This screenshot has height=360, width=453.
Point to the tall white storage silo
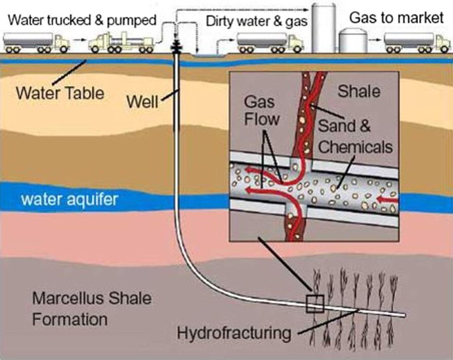click(x=323, y=26)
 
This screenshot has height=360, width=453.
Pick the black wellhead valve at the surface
click(x=177, y=46)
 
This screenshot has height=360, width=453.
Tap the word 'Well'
click(x=143, y=103)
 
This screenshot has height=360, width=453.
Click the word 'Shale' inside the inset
click(x=360, y=92)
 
